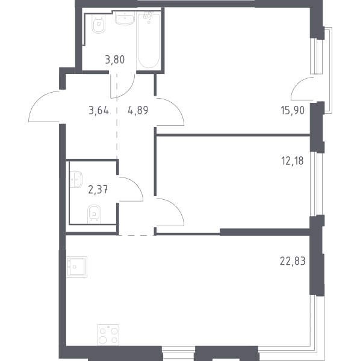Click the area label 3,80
(x=115, y=60)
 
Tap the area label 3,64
(x=99, y=111)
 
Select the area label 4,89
(x=138, y=111)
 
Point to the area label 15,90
(x=293, y=111)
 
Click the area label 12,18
(x=293, y=161)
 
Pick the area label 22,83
(x=293, y=261)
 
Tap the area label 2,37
(x=98, y=190)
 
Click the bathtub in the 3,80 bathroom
(x=149, y=41)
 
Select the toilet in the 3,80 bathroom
(x=99, y=23)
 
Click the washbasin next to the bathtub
(x=125, y=19)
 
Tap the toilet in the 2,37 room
(x=94, y=214)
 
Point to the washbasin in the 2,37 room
(x=76, y=179)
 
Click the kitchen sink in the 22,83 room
(x=76, y=267)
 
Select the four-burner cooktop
(x=108, y=335)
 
